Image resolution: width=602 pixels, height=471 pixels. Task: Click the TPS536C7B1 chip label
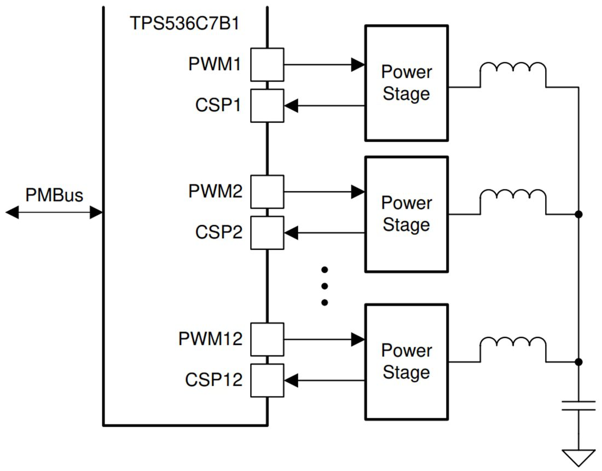point(184,24)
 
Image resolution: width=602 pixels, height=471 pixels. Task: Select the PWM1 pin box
point(267,65)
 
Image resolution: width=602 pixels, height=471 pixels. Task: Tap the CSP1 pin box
point(267,106)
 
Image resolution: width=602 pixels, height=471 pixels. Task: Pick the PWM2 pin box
point(267,192)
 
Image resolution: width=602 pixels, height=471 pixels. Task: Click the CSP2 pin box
point(267,233)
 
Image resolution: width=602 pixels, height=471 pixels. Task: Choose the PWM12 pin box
point(267,339)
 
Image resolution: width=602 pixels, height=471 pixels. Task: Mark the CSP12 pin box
point(267,380)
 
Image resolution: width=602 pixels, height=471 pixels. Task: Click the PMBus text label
point(54,195)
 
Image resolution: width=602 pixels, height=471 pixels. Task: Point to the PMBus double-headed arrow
point(54,212)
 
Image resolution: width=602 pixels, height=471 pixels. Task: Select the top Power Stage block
point(406,83)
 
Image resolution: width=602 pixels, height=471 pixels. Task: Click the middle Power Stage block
point(406,214)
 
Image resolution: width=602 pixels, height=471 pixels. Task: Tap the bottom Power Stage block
point(406,361)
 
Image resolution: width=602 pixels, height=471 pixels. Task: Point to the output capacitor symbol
point(578,405)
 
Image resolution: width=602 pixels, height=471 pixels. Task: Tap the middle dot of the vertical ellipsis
point(325,286)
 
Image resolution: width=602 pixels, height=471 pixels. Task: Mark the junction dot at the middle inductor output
point(578,214)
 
